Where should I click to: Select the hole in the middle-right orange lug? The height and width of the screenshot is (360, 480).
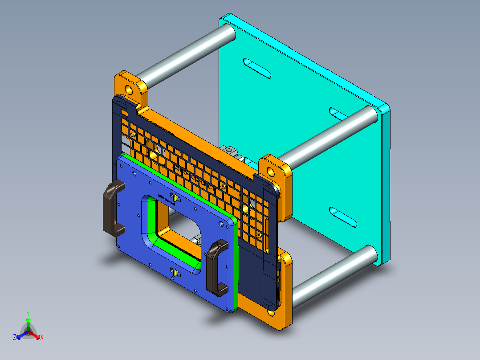271,171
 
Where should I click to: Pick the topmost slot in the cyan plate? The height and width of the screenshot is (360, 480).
257,68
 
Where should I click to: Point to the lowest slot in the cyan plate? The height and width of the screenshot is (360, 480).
343,217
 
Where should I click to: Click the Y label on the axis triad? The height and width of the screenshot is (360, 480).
28,313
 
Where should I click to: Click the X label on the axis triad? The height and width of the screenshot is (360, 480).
42,337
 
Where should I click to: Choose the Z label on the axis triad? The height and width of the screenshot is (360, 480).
15,338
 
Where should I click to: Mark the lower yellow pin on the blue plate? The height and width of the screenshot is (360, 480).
175,271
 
